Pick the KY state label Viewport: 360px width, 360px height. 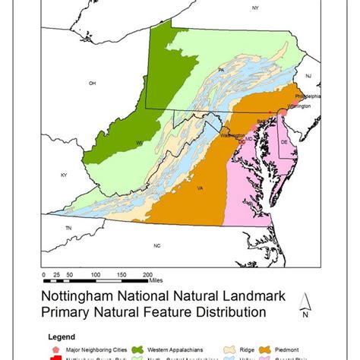64,175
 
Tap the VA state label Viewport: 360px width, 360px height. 200,188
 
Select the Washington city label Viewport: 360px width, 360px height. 232,136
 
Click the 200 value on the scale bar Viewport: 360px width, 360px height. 148,273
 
